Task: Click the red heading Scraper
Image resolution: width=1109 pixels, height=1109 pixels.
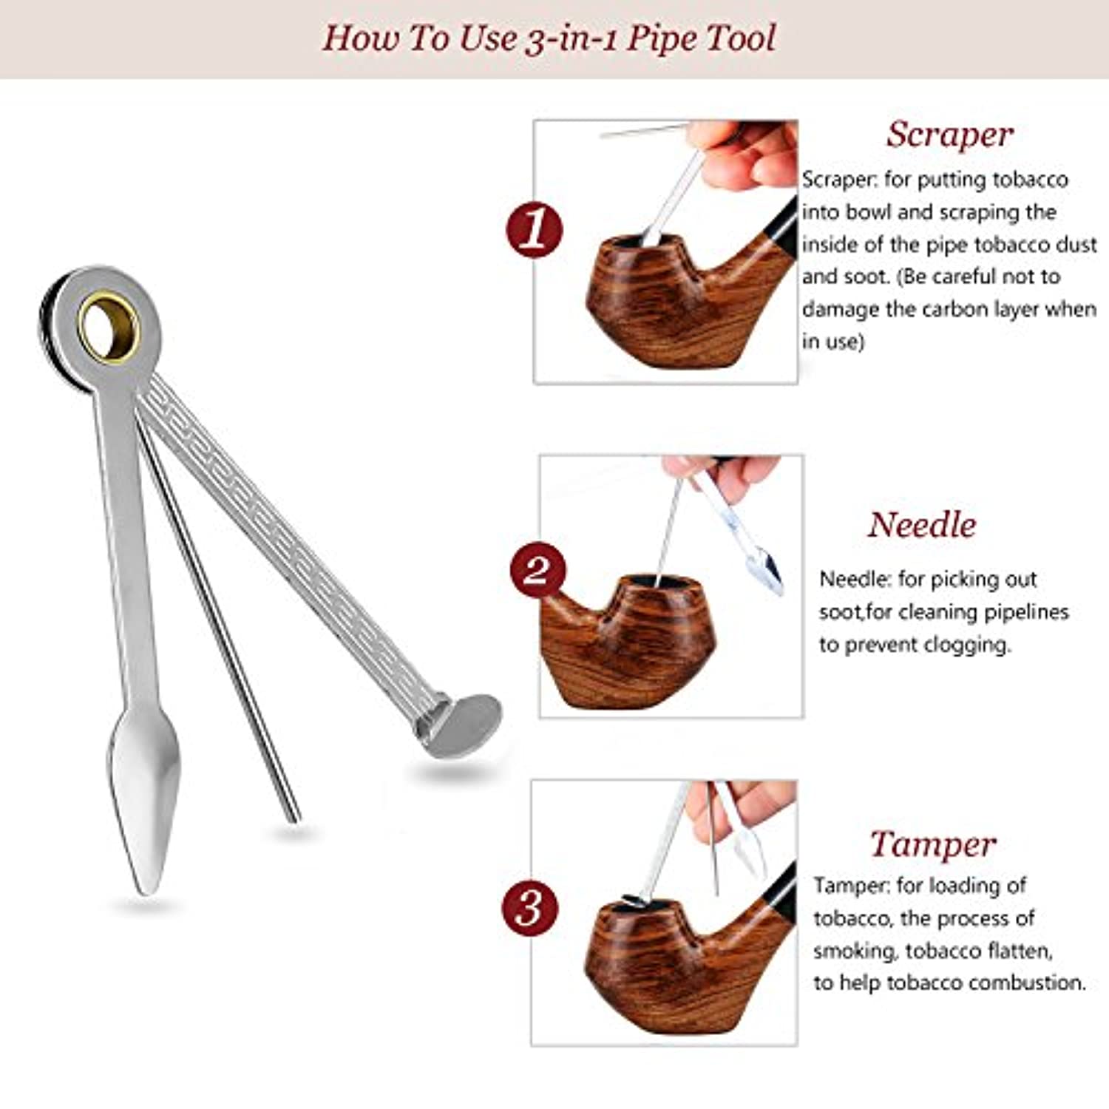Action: (949, 135)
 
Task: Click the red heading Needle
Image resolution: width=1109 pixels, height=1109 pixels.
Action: (922, 525)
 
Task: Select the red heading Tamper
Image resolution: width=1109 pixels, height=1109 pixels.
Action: (933, 844)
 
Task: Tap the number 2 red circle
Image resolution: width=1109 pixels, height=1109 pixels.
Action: (538, 572)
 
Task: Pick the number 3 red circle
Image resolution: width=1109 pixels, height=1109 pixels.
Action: (530, 906)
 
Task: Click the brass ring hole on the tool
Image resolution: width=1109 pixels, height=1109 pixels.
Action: (109, 328)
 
